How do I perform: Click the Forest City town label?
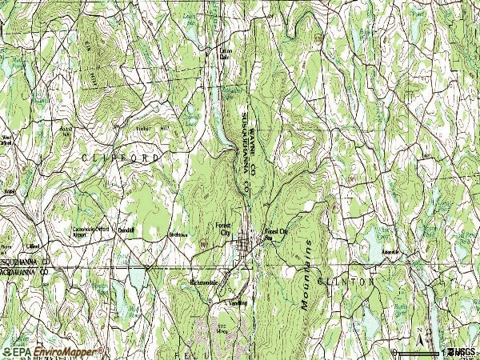click(223, 228)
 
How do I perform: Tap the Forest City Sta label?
click(274, 234)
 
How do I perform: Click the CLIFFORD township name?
click(121, 158)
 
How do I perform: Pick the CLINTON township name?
click(346, 282)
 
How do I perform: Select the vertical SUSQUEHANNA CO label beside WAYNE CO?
click(244, 152)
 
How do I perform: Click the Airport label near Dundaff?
click(79, 236)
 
